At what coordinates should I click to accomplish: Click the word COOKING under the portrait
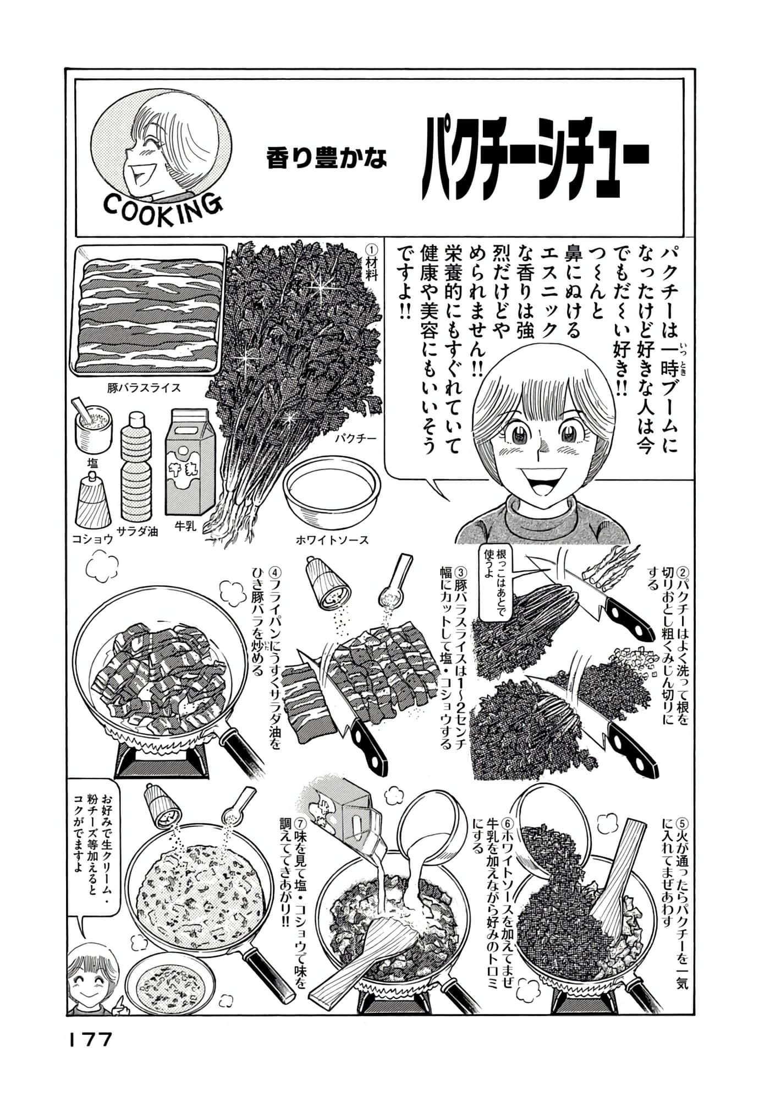tap(163, 206)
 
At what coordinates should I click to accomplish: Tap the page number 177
tap(90, 1039)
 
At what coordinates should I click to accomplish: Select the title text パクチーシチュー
tap(536, 164)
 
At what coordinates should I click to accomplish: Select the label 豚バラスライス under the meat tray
tap(144, 388)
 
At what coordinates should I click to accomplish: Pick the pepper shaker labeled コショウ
tap(94, 503)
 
